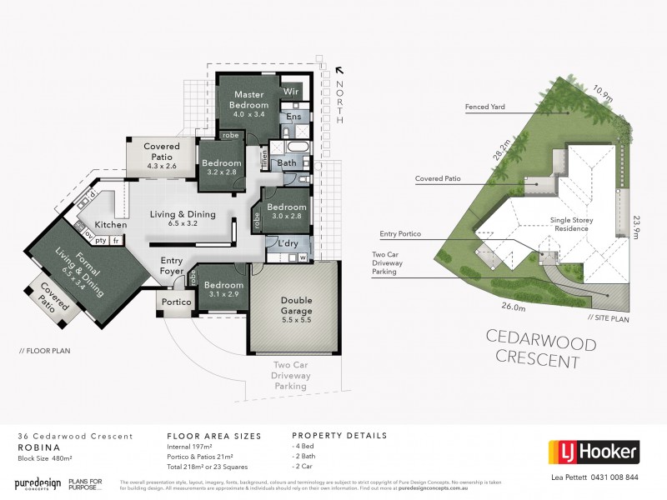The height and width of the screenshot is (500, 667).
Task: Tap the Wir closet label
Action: pyautogui.click(x=291, y=90)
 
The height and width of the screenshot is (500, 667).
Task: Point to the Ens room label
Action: pyautogui.click(x=293, y=117)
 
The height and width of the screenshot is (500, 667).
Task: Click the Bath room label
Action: pyautogui.click(x=286, y=162)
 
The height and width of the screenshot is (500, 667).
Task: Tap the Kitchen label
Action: pyautogui.click(x=110, y=225)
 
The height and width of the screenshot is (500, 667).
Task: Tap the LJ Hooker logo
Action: pyautogui.click(x=593, y=452)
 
